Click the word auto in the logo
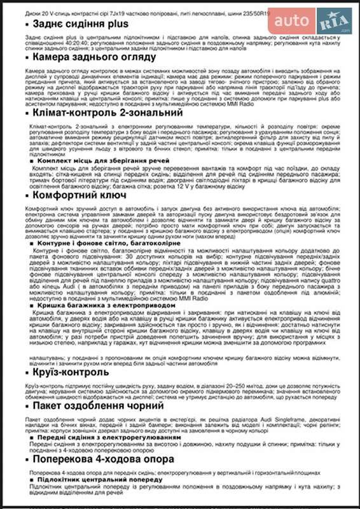click(290, 21)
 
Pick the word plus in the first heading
click(116, 24)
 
